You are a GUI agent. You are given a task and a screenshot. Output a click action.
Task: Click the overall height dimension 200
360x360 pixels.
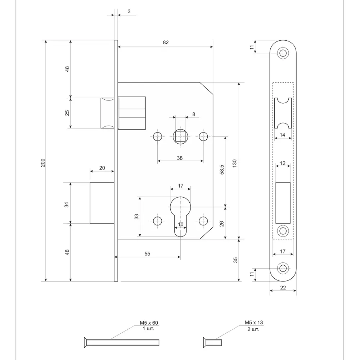43,163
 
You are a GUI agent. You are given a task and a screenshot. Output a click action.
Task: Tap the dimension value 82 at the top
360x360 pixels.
166,42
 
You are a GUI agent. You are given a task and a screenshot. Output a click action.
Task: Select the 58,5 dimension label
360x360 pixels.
222,170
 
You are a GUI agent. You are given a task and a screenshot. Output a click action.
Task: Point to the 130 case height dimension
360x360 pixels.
234,163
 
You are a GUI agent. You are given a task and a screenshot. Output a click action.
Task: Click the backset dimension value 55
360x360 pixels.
147,254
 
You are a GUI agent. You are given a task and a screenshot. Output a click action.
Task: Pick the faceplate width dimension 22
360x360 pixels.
283,288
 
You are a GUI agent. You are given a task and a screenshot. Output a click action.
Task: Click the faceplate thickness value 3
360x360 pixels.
129,12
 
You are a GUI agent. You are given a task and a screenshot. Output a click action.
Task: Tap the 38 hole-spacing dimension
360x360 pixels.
180,158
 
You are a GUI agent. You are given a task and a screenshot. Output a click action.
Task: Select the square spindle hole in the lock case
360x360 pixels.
180,136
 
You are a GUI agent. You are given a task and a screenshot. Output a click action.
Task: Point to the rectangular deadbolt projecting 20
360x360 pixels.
102,203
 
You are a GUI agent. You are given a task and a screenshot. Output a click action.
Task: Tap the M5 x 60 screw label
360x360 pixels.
149,323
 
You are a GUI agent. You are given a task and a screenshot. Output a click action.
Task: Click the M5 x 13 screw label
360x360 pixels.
254,323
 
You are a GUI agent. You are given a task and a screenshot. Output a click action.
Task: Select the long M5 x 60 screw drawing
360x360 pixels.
121,343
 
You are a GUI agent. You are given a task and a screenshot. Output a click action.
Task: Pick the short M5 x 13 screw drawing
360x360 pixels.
212,343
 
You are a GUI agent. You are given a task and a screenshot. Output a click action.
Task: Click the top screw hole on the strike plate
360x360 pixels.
283,53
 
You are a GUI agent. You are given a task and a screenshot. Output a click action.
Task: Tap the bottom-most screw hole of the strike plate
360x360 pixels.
283,269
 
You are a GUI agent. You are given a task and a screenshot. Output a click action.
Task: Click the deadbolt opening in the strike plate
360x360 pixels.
283,203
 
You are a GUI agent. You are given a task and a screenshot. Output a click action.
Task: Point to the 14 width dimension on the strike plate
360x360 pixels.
283,135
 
